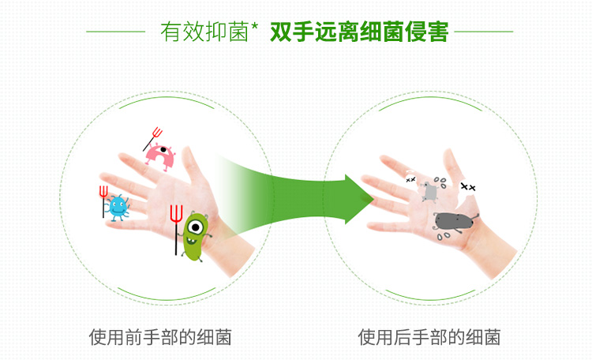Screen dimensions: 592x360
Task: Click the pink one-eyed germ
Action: coord(160,157)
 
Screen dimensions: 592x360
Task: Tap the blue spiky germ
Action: coord(118,208)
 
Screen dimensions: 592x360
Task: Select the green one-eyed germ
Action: coord(194,237)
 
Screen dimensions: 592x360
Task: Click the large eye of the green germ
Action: coord(196,227)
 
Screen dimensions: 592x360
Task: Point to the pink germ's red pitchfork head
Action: coord(157,133)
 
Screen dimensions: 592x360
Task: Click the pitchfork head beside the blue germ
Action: coord(103,192)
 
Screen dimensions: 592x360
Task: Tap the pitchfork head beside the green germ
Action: coord(176,214)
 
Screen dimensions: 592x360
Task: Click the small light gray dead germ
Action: coord(429,192)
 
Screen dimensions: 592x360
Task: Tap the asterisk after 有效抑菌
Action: coord(254,26)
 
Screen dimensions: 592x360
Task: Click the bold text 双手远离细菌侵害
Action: coord(359,32)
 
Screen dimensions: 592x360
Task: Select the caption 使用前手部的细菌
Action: coord(160,337)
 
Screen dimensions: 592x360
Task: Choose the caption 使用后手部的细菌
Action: coord(429,337)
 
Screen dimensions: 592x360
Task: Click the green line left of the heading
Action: coord(115,32)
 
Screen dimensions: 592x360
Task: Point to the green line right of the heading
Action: coord(484,32)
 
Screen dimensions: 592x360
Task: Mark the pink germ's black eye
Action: coord(163,150)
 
